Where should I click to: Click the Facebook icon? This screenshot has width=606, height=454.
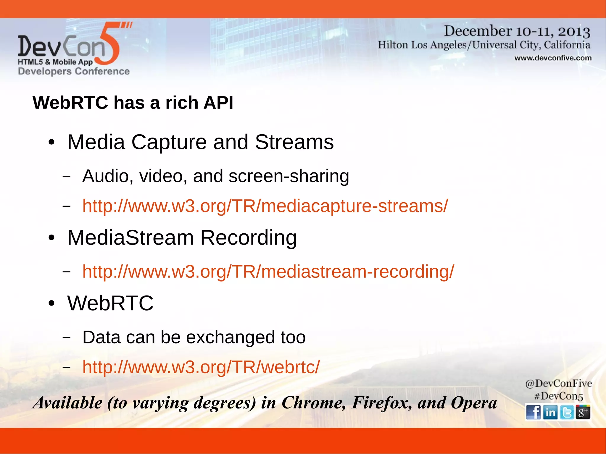pyautogui.click(x=534, y=412)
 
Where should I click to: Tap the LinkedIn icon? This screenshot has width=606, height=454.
pyautogui.click(x=550, y=412)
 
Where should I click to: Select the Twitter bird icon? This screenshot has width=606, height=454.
pyautogui.click(x=567, y=412)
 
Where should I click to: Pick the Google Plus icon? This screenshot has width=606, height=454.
pyautogui.click(x=583, y=412)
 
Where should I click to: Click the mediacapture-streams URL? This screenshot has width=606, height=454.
pyautogui.click(x=265, y=206)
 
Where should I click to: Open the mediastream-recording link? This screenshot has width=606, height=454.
pyautogui.click(x=268, y=272)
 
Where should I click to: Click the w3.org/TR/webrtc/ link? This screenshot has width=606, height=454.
pyautogui.click(x=201, y=367)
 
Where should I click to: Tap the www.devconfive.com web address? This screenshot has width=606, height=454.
pyautogui.click(x=553, y=58)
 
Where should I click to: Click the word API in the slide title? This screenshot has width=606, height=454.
pyautogui.click(x=218, y=103)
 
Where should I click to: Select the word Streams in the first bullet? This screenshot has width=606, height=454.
pyautogui.click(x=294, y=142)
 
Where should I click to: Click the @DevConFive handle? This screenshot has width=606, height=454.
pyautogui.click(x=558, y=384)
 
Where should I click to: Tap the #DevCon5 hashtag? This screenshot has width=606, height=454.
pyautogui.click(x=558, y=396)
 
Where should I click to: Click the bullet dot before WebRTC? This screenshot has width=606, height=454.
pyautogui.click(x=51, y=303)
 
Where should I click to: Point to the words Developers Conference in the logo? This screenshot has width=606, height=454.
pyautogui.click(x=74, y=71)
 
